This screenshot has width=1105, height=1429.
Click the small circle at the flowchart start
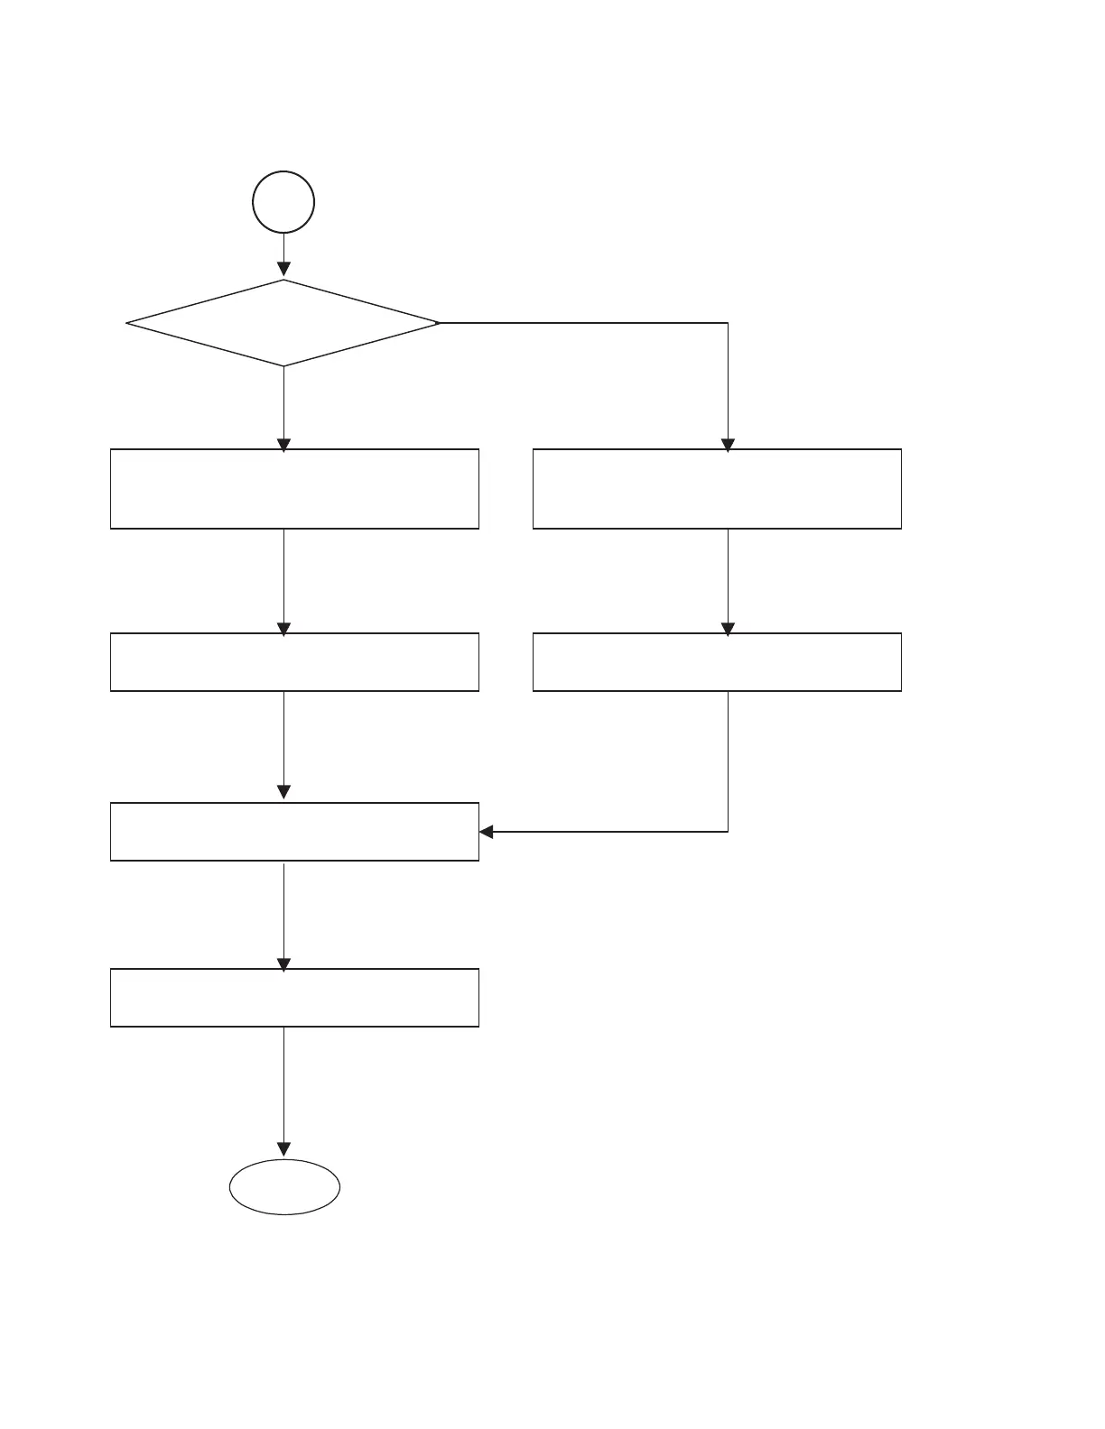pos(283,202)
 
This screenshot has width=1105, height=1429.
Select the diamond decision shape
pos(283,323)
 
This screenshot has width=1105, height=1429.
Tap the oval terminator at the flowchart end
pos(284,1187)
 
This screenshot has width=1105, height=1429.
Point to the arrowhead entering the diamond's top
pos(283,269)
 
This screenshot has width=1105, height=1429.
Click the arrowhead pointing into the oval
pos(283,1149)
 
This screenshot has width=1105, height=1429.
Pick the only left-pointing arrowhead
pos(487,832)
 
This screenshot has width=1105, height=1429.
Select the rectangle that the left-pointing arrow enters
pos(294,832)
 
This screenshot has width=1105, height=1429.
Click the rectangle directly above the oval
pos(294,998)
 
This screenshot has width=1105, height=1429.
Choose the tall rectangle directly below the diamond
pos(294,489)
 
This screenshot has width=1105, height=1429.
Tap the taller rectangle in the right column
pos(717,489)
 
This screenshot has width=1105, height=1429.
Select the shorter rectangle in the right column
pos(717,662)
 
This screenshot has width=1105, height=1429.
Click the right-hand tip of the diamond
pos(439,323)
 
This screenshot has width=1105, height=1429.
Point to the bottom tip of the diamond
pos(283,366)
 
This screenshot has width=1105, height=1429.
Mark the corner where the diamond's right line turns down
pos(728,323)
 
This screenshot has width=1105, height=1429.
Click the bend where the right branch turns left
pos(728,832)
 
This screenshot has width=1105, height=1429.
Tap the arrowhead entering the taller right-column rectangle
pos(728,444)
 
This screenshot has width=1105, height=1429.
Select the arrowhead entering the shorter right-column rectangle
pos(728,629)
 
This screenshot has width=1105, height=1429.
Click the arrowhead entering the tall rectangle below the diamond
pos(283,444)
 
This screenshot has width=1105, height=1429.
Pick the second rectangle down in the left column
pos(294,662)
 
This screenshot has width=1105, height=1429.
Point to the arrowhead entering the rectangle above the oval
pos(283,963)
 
